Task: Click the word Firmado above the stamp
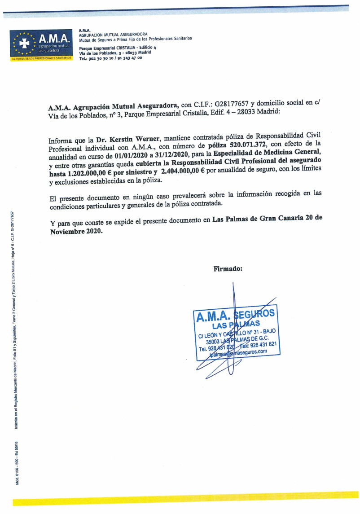[228, 269]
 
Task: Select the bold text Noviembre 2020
[76, 232]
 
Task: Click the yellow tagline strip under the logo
[41, 58]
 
